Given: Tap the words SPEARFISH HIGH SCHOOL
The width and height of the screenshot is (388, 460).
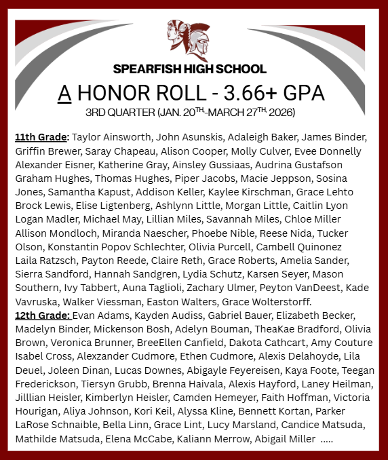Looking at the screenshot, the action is point(190,69).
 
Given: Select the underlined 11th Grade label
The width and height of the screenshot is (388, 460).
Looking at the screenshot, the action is point(41,136).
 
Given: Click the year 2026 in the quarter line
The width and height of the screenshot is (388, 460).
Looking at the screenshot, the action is point(280,111).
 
